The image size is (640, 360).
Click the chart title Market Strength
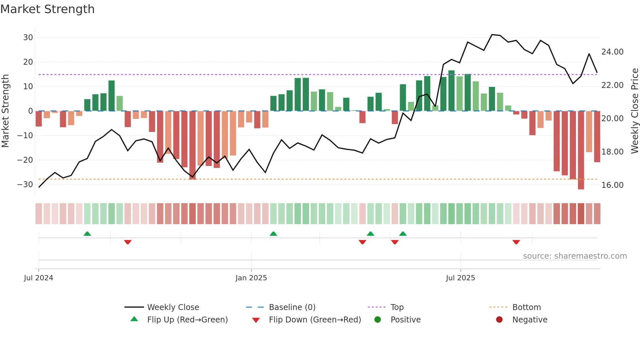pyautogui.click(x=47, y=9)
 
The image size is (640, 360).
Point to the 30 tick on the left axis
pyautogui.click(x=28, y=38)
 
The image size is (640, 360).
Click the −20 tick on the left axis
pyautogui.click(x=25, y=160)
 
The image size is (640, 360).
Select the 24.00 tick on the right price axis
pyautogui.click(x=612, y=52)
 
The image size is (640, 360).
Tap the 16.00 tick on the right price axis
pyautogui.click(x=612, y=185)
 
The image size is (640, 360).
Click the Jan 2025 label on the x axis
pyautogui.click(x=251, y=278)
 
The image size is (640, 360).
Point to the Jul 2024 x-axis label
pyautogui.click(x=39, y=278)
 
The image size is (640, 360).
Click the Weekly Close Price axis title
pyautogui.click(x=634, y=111)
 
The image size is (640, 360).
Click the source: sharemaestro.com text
pyautogui.click(x=575, y=256)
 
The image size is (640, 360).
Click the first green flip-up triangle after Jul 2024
pyautogui.click(x=87, y=234)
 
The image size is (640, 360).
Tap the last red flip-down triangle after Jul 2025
pyautogui.click(x=516, y=242)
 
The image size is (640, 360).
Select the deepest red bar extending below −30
pyautogui.click(x=581, y=150)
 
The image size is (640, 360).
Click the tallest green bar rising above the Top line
pyautogui.click(x=451, y=91)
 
